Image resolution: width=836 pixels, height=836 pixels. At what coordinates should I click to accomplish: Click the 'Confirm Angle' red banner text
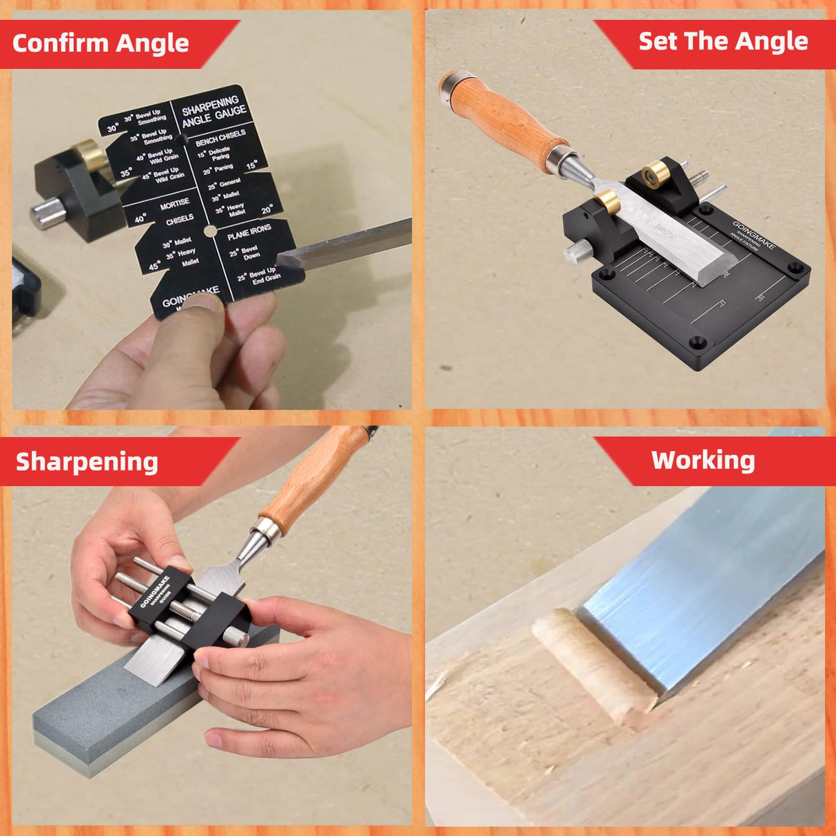[x=101, y=43]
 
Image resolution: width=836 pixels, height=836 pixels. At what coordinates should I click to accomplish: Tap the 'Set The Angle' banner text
[x=723, y=41]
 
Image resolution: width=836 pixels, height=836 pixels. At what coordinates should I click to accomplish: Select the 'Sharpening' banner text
[x=87, y=461]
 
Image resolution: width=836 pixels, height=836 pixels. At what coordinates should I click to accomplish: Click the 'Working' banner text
[x=702, y=460]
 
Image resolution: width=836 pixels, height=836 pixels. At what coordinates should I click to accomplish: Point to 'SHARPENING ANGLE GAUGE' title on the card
[x=213, y=112]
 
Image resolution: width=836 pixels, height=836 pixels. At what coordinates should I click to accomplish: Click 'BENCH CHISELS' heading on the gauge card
[x=220, y=138]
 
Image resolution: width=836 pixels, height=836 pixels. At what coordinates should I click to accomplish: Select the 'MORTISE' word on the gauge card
[x=175, y=205]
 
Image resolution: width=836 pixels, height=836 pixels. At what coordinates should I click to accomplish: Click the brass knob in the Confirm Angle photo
[x=89, y=153]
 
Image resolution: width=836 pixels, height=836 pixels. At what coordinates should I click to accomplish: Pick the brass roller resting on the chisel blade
[x=607, y=201]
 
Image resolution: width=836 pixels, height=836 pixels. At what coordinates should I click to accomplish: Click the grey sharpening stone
[x=103, y=716]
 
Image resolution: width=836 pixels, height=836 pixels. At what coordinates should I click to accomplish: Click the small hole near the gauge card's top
[x=182, y=139]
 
